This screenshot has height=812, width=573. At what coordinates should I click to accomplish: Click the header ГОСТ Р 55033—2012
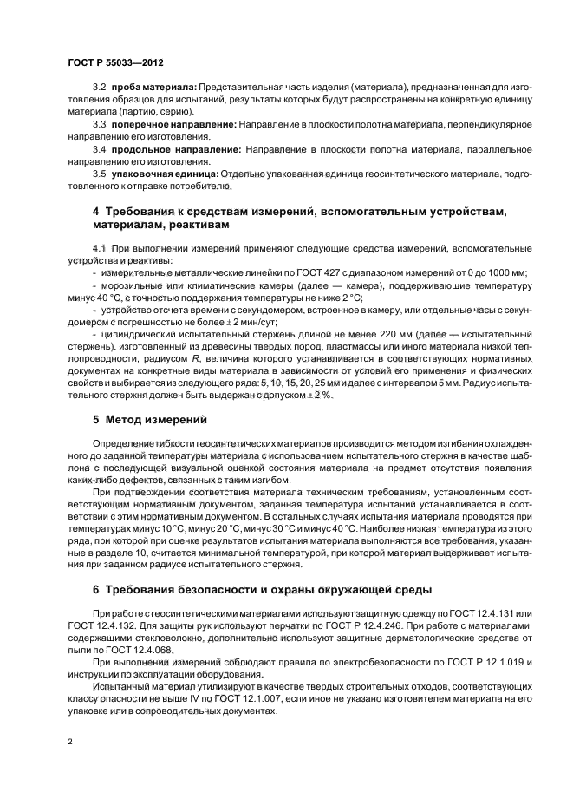coord(115,62)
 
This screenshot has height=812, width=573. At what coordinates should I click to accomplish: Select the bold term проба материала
coord(153,88)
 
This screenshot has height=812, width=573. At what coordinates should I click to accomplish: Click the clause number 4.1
coord(99,249)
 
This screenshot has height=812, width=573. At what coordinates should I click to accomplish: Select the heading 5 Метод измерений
coord(149,420)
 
